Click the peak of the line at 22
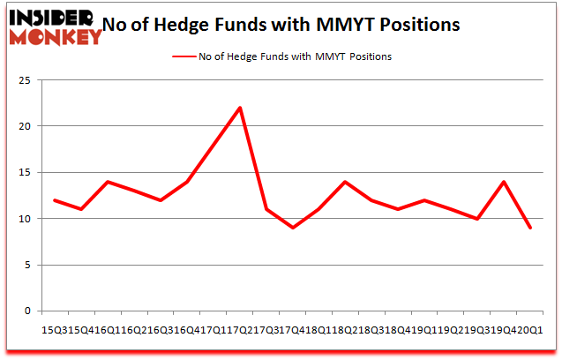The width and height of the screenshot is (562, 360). point(240,108)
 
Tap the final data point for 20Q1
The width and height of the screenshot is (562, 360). point(530,228)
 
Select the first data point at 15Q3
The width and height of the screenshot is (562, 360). point(55,199)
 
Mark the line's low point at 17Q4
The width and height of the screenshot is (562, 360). point(293,228)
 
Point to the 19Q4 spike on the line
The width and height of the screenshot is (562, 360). point(504,182)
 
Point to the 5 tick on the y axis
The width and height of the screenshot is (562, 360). point(28,265)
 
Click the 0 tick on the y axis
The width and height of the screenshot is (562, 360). point(28,311)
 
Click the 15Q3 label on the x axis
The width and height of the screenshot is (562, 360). point(55,328)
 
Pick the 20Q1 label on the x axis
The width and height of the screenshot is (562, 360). point(530,328)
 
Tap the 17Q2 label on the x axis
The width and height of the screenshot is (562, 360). point(240,328)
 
